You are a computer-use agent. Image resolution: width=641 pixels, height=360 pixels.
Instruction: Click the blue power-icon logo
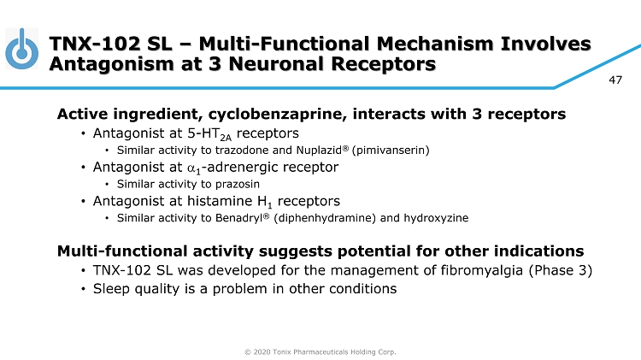tap(22, 50)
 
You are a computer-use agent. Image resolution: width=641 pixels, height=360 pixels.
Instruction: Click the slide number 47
tap(615, 80)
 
